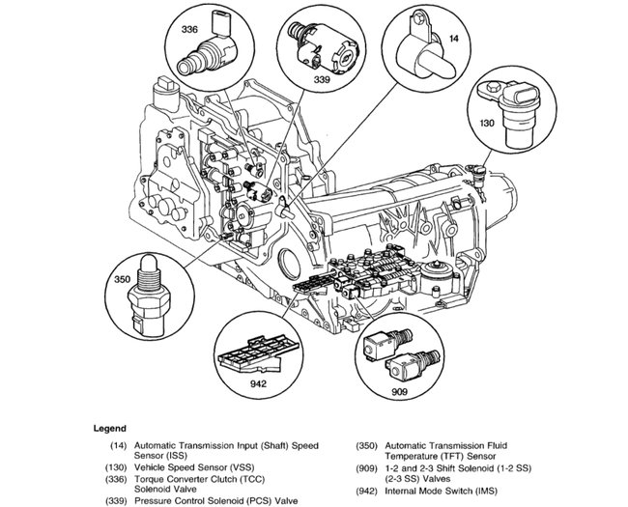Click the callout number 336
pos(189,30)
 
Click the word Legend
pos(110,427)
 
